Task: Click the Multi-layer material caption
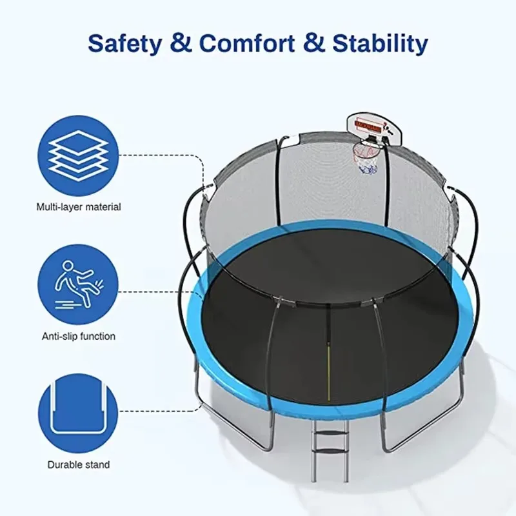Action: (x=79, y=207)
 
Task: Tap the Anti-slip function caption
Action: (x=79, y=336)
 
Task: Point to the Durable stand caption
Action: (x=79, y=464)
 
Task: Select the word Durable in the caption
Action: (x=65, y=464)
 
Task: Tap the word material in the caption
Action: (x=102, y=207)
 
